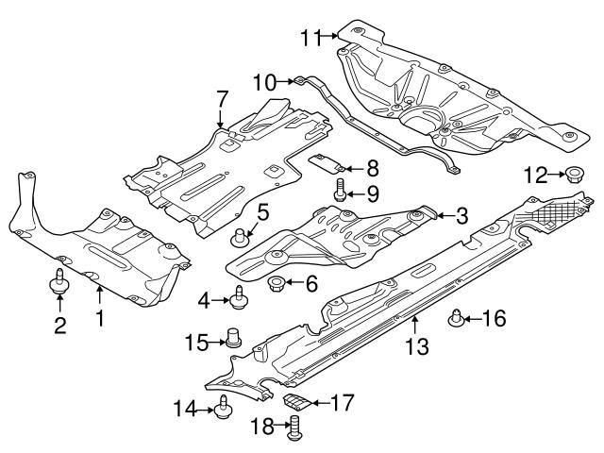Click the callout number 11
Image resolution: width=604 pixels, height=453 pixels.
coord(310,38)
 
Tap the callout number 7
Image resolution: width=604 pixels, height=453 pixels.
coord(222,98)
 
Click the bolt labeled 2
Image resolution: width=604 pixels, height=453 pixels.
coord(59,282)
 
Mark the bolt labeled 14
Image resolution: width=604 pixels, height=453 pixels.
coord(224,407)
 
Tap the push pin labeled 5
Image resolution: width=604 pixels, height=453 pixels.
coord(243,233)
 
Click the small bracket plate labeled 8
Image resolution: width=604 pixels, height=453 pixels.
coord(327,161)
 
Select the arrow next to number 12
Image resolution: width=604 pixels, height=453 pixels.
coord(554,174)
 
